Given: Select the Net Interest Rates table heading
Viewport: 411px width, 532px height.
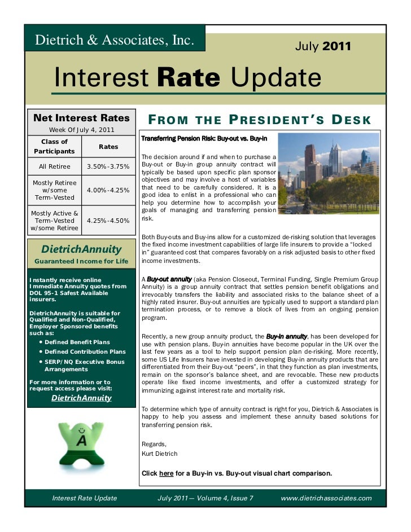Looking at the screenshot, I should tap(81, 118).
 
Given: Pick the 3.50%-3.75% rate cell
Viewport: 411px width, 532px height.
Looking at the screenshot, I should tap(108, 166).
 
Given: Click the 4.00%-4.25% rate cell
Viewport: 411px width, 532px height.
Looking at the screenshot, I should tap(108, 190).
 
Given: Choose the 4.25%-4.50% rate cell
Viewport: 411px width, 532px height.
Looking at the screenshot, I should tap(108, 221).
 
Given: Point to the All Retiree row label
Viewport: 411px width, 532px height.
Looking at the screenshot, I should tap(55, 166).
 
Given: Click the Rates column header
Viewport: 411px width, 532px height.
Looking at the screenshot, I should tap(108, 147).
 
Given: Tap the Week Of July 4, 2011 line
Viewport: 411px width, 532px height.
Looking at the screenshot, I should tap(82, 130).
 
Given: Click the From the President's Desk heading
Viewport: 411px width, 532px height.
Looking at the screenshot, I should tap(259, 120).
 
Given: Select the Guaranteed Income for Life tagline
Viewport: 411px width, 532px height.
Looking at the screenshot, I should tap(82, 261).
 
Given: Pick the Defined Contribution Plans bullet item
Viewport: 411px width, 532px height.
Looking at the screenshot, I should tap(85, 351).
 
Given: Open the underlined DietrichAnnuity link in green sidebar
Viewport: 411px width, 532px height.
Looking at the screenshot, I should tap(81, 398).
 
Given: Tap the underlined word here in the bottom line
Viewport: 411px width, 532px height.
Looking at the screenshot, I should tap(167, 473).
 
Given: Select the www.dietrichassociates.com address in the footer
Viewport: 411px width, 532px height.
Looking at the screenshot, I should tap(326, 498).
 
